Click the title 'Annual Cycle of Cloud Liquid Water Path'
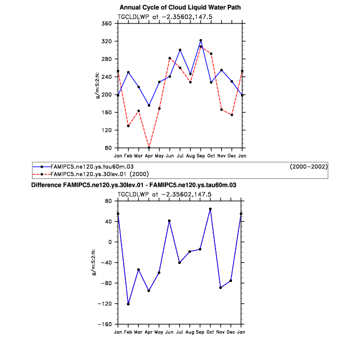[180, 7]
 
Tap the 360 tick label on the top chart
[106, 23]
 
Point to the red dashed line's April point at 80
[149, 147]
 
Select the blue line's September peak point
[201, 40]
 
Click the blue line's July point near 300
[180, 50]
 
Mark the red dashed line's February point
[128, 126]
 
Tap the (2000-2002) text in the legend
[308, 167]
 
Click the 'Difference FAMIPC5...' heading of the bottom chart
[133, 185]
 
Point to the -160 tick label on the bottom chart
[105, 324]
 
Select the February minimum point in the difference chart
[128, 304]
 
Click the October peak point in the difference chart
[211, 209]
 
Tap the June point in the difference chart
[170, 221]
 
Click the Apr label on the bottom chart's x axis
[149, 332]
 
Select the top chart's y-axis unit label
[97, 85]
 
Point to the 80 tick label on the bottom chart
[108, 201]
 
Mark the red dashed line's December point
[231, 115]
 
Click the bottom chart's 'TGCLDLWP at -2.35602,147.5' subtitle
[180, 194]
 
